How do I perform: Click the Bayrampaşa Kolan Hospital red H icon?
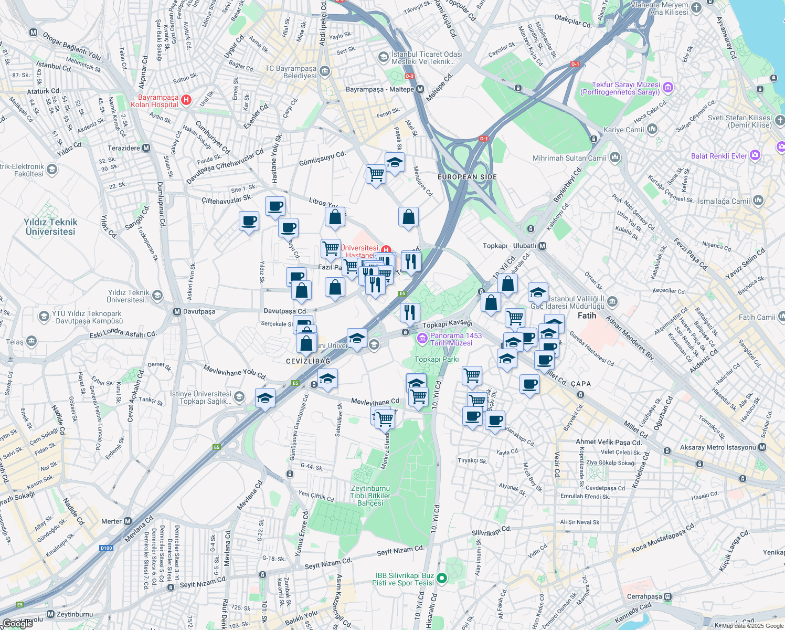click(186, 100)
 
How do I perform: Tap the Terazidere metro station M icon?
click(146, 148)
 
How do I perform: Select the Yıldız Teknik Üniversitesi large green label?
click(50, 227)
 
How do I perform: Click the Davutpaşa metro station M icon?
click(177, 311)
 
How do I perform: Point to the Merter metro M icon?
click(128, 521)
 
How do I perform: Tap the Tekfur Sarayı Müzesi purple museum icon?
click(667, 87)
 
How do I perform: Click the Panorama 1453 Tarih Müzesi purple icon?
click(422, 339)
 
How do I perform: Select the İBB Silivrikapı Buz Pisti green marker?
click(442, 579)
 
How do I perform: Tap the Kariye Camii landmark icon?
click(652, 129)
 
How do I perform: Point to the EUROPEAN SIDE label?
click(467, 177)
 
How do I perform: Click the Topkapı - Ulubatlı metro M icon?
click(543, 246)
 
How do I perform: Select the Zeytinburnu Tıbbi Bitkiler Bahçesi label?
click(370, 496)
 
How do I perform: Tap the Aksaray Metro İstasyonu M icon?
click(762, 447)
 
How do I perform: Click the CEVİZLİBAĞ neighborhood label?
click(308, 361)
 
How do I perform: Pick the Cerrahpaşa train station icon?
click(667, 596)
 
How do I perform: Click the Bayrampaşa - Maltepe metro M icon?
click(420, 89)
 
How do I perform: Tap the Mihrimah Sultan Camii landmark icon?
click(615, 157)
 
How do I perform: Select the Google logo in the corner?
click(18, 623)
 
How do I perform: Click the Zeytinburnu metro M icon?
click(50, 614)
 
